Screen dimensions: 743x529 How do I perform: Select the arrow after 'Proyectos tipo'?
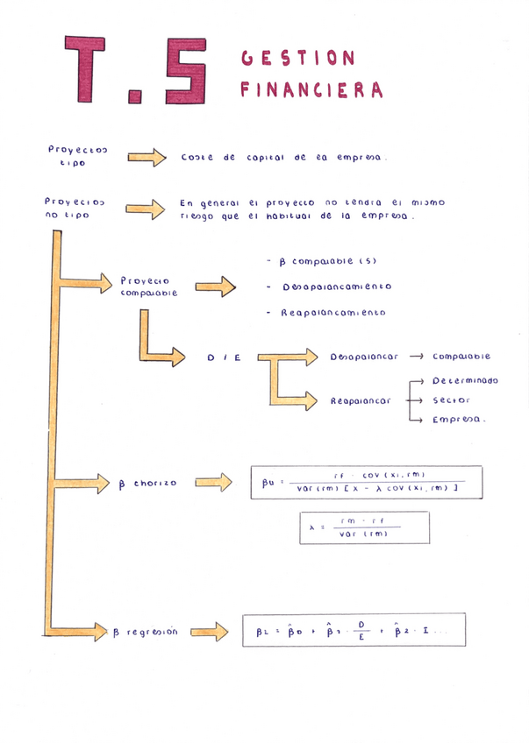pyautogui.click(x=147, y=158)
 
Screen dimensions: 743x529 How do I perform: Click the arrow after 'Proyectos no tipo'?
pyautogui.click(x=146, y=209)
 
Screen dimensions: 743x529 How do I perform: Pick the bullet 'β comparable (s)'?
pyautogui.click(x=319, y=261)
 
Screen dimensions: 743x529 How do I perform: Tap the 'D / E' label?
pyautogui.click(x=224, y=357)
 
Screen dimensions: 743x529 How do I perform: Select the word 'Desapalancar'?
pyautogui.click(x=364, y=357)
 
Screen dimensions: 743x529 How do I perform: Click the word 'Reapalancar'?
pyautogui.click(x=361, y=400)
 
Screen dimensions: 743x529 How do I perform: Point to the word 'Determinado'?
pyautogui.click(x=465, y=381)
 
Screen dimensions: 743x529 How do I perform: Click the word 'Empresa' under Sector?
pyautogui.click(x=458, y=421)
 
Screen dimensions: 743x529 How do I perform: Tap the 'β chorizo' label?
pyautogui.click(x=147, y=483)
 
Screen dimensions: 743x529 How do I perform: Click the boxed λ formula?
pyautogui.click(x=364, y=527)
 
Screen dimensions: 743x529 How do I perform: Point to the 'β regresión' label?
pyautogui.click(x=145, y=632)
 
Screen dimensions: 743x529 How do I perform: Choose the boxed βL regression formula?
pyautogui.click(x=354, y=630)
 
